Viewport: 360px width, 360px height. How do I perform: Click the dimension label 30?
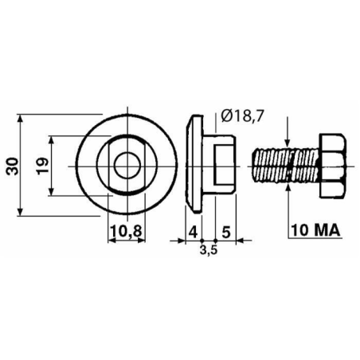coord(12,166)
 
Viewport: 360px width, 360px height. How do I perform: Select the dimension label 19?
coord(42,166)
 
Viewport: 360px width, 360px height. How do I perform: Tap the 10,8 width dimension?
coord(127,231)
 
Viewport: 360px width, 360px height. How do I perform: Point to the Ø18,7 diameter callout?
coord(243,115)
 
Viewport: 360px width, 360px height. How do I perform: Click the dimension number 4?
coord(194,232)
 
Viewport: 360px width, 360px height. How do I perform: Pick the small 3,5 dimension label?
coord(209,250)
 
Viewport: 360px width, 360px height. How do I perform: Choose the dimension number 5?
coord(226,232)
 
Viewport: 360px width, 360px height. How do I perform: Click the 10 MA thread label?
coord(315,230)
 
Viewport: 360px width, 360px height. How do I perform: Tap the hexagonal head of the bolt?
coord(333,166)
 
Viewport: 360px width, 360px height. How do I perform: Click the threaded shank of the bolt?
coord(286,166)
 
